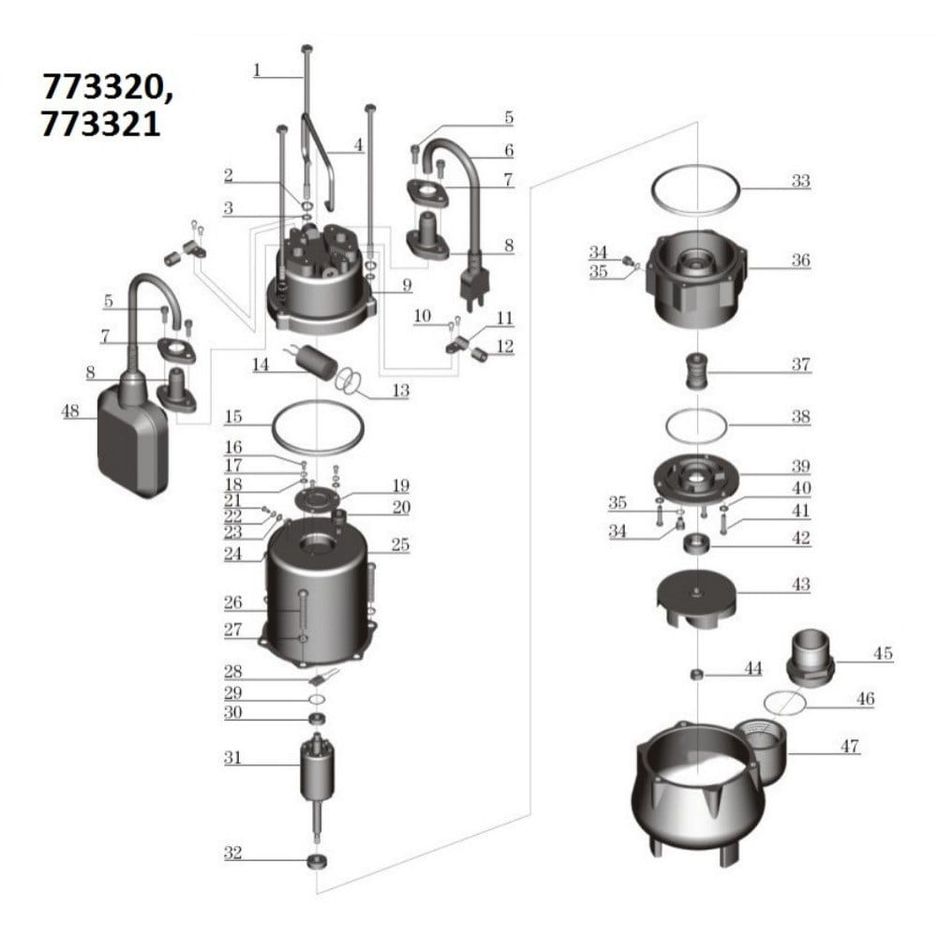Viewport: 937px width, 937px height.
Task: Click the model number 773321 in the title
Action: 100,125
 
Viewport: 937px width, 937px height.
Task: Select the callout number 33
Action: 799,181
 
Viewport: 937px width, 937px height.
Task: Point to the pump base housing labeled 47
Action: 703,787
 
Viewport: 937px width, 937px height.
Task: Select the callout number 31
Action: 233,757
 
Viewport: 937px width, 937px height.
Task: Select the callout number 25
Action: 400,544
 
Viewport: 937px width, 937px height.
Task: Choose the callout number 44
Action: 752,668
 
